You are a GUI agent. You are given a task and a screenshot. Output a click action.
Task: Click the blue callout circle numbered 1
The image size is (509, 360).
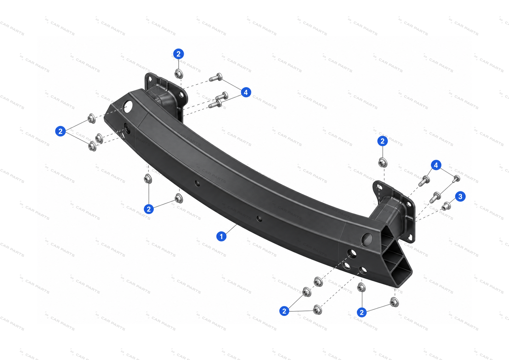click(x=221, y=236)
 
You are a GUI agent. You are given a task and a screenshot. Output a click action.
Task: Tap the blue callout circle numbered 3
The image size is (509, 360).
click(x=460, y=196)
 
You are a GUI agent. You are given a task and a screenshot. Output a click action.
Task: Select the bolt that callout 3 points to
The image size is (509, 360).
click(x=446, y=206)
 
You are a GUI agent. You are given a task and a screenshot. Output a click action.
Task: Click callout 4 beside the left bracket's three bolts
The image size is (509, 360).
click(x=246, y=92)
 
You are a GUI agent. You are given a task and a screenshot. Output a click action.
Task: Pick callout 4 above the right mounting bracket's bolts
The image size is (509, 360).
click(x=436, y=165)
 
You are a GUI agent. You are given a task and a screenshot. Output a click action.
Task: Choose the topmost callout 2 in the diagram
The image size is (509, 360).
click(x=178, y=54)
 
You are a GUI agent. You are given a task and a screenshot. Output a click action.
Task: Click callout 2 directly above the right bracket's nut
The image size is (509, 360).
click(x=382, y=141)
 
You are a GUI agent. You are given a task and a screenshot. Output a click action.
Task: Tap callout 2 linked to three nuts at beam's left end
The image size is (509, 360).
click(x=60, y=131)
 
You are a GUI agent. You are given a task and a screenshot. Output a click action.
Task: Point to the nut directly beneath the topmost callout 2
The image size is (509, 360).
click(x=179, y=74)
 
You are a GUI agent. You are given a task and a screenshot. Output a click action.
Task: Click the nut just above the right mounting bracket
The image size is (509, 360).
click(x=383, y=163)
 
